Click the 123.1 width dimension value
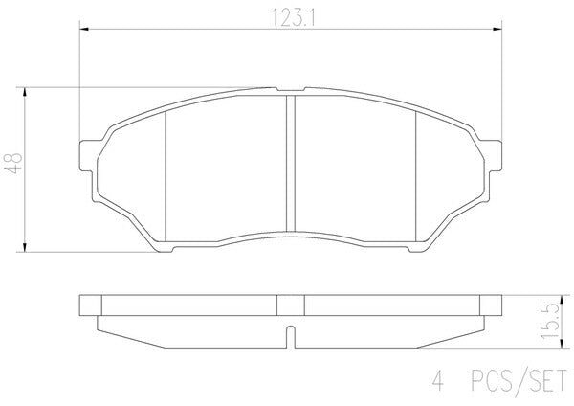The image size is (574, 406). (293, 17)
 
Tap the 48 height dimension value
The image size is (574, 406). (14, 163)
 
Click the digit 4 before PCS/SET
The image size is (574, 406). (438, 381)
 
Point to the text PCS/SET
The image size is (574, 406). (519, 381)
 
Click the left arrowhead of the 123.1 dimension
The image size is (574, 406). (84, 29)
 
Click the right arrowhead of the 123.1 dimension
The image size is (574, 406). (497, 29)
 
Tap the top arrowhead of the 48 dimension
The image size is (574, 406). (25, 92)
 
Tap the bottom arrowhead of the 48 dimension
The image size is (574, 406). (25, 247)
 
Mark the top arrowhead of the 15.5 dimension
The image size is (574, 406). (562, 299)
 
